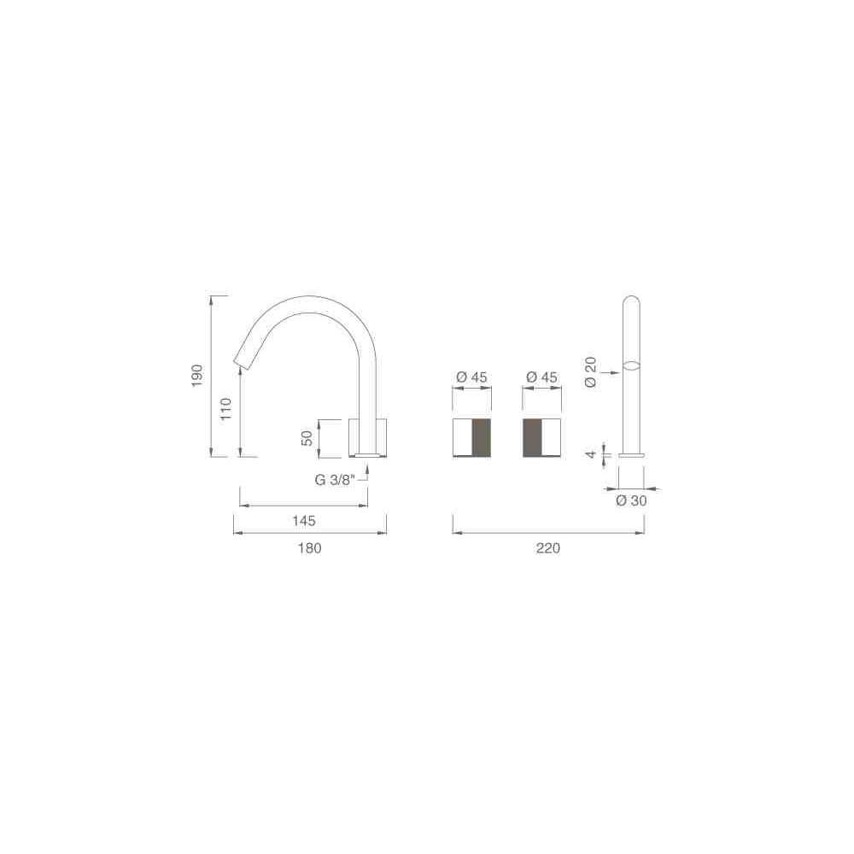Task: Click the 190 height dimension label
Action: click(197, 376)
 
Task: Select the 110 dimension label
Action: click(226, 408)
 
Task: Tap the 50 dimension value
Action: click(307, 438)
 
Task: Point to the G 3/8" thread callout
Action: click(335, 480)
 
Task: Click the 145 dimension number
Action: click(304, 521)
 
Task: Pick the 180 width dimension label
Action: click(309, 548)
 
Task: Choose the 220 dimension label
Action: click(548, 548)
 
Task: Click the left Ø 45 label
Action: click(471, 377)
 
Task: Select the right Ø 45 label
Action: click(542, 377)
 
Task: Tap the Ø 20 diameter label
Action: click(590, 372)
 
